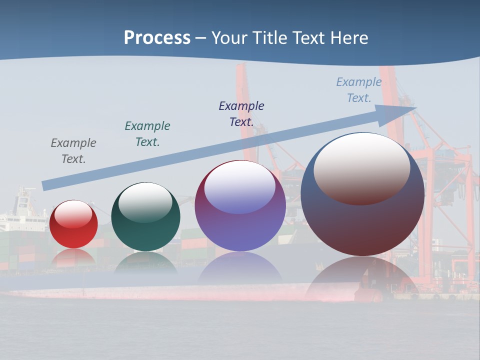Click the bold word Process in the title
tap(157, 38)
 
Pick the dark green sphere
tap(145, 230)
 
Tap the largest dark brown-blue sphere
tap(362, 220)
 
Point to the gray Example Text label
tap(73, 151)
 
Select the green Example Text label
tap(147, 134)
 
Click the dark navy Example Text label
tap(241, 113)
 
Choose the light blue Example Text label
tap(358, 90)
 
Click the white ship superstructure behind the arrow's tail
tap(22, 207)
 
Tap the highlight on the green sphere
tap(145, 202)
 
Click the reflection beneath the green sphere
tap(145, 262)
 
